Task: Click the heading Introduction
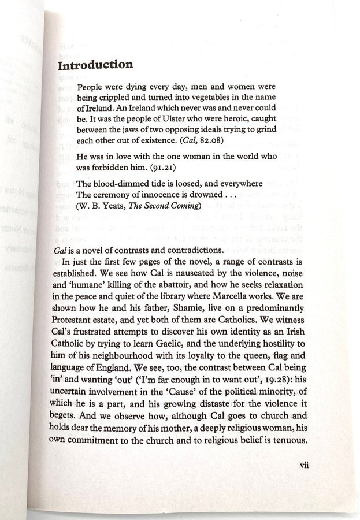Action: (95, 65)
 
